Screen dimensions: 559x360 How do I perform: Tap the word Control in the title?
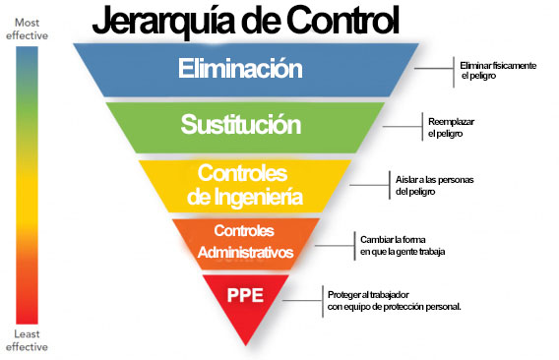pyautogui.click(x=342, y=20)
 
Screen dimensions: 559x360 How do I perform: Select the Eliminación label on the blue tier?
pyautogui.click(x=240, y=68)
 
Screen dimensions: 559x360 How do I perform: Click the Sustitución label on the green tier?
pyautogui.click(x=241, y=124)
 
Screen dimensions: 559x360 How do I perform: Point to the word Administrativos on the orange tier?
pyautogui.click(x=245, y=253)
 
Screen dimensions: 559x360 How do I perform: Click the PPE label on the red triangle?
pyautogui.click(x=245, y=295)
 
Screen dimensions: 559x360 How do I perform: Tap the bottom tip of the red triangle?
pyautogui.click(x=246, y=345)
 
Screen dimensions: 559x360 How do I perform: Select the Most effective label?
pyautogui.click(x=27, y=29)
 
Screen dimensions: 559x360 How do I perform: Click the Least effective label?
pyautogui.click(x=27, y=340)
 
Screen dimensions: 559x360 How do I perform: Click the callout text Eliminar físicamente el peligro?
pyautogui.click(x=498, y=71)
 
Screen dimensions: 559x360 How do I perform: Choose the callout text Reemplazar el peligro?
pyautogui.click(x=451, y=127)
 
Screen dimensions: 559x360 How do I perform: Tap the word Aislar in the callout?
pyautogui.click(x=405, y=179)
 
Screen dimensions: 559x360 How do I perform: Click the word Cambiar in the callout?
pyautogui.click(x=374, y=239)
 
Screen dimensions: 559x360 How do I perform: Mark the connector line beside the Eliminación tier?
pyautogui.click(x=434, y=69)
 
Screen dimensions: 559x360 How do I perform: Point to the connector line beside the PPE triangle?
pyautogui.click(x=303, y=300)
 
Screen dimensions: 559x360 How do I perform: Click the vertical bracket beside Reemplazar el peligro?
pyautogui.click(x=422, y=127)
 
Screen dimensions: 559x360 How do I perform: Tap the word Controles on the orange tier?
pyautogui.click(x=244, y=231)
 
